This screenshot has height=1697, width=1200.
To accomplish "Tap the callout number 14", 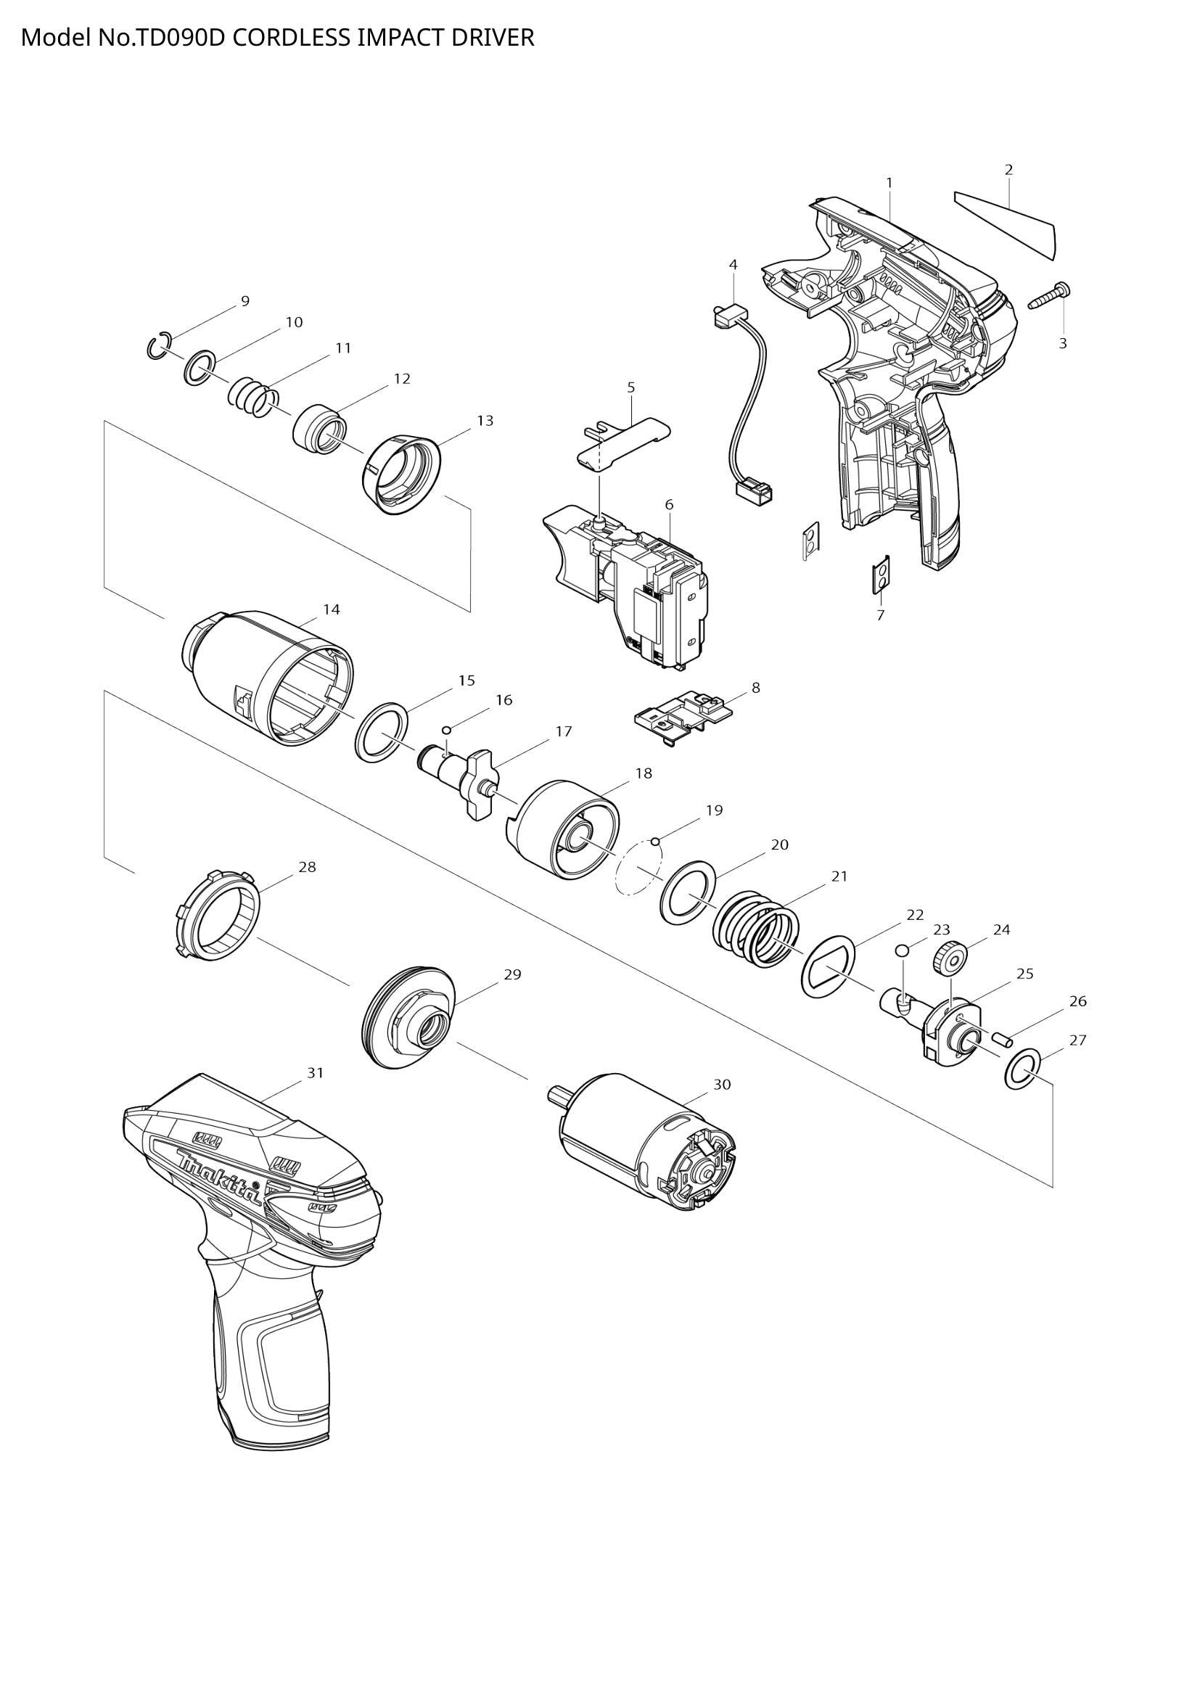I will click(332, 609).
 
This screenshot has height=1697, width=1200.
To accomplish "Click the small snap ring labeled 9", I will click(158, 346).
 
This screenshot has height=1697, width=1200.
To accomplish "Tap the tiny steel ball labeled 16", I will click(445, 731).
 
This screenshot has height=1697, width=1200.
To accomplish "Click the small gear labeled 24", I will click(949, 961).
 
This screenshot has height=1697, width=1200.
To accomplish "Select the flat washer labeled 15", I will click(382, 733).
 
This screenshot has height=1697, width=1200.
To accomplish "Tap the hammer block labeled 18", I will click(566, 831).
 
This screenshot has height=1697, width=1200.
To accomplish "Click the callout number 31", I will click(316, 1072).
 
